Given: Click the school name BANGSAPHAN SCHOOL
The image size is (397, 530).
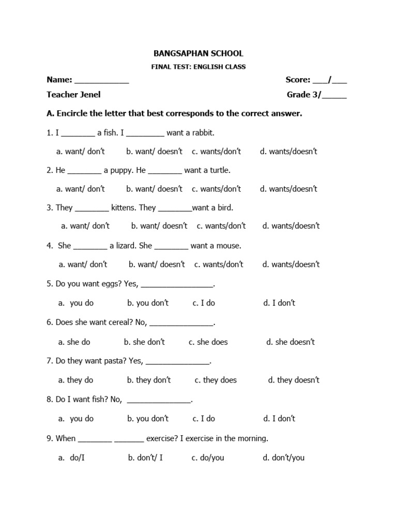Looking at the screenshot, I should pyautogui.click(x=198, y=53).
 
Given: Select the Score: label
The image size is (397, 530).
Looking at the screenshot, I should pyautogui.click(x=298, y=80).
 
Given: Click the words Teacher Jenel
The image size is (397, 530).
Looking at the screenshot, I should pyautogui.click(x=73, y=95).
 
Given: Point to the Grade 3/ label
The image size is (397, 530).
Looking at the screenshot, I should pyautogui.click(x=304, y=95).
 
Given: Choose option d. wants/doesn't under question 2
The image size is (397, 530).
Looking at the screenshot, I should pyautogui.click(x=288, y=189).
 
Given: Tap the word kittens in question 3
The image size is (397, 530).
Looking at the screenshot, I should pyautogui.click(x=124, y=208).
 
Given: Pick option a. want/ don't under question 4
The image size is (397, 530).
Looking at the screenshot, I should pyautogui.click(x=83, y=264).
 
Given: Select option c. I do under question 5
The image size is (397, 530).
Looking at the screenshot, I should pyautogui.click(x=204, y=303).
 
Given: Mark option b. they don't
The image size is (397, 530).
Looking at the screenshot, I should pyautogui.click(x=149, y=380).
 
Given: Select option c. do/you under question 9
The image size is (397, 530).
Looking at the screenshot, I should pyautogui.click(x=208, y=458).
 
